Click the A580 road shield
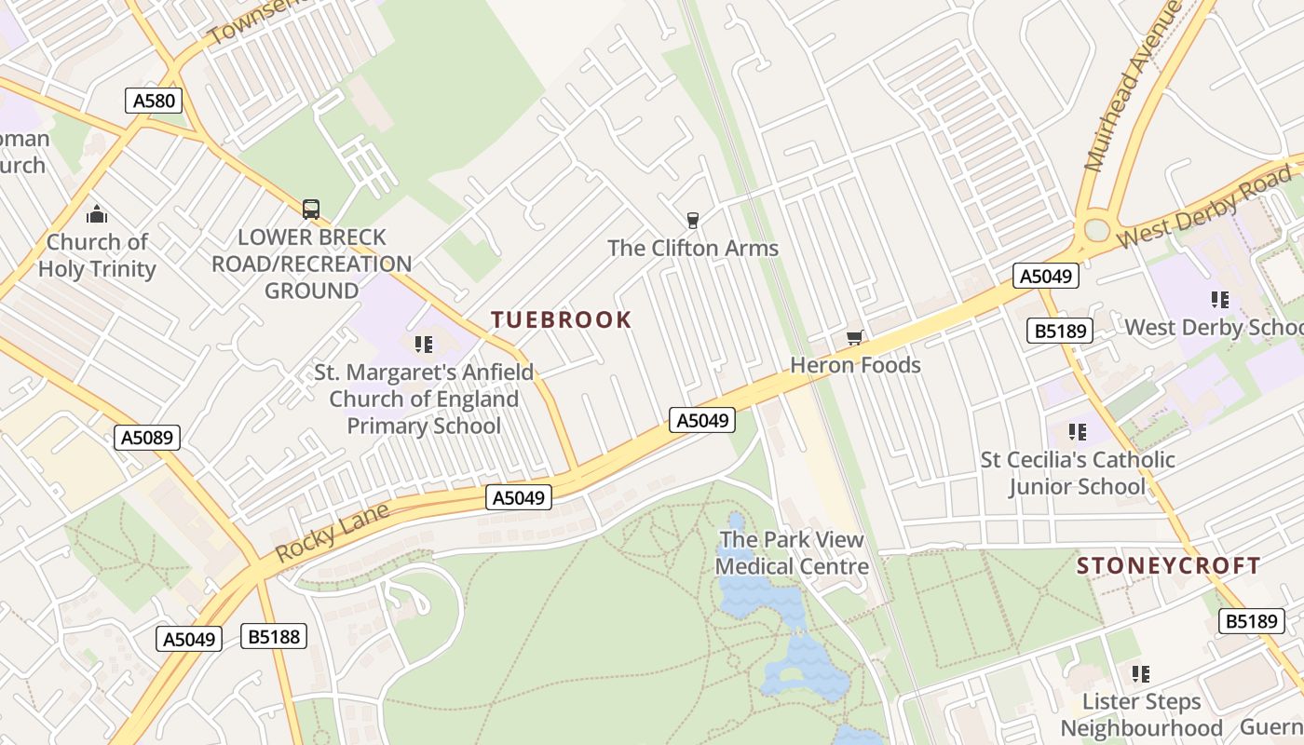click(x=153, y=101)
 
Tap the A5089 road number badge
click(x=146, y=438)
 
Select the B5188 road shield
click(x=273, y=637)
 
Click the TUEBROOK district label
click(x=562, y=320)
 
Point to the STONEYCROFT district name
click(x=1169, y=565)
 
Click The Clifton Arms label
click(x=693, y=249)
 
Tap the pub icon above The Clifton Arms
click(x=692, y=221)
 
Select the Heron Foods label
click(x=855, y=365)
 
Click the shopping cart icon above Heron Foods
click(x=854, y=337)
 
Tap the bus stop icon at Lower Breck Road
click(x=311, y=210)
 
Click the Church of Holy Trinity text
click(x=97, y=255)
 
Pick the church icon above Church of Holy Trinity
click(x=97, y=216)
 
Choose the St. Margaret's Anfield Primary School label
click(x=424, y=400)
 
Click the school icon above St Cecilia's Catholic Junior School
click(x=1078, y=432)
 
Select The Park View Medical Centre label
click(x=792, y=552)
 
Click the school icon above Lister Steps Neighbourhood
click(x=1141, y=673)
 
